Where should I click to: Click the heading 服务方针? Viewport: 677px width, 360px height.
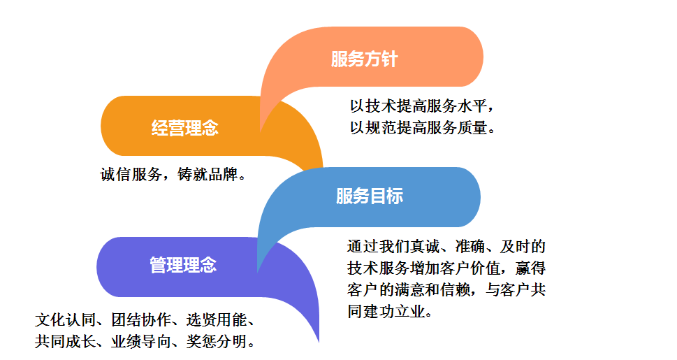click(x=364, y=59)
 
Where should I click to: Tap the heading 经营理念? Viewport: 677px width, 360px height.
click(x=185, y=128)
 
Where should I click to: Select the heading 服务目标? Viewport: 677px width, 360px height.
click(x=370, y=196)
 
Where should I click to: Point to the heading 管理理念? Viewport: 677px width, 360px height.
click(x=183, y=265)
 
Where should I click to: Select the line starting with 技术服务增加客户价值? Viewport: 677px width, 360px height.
click(x=446, y=268)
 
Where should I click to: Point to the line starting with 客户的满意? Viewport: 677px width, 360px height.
click(x=446, y=289)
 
